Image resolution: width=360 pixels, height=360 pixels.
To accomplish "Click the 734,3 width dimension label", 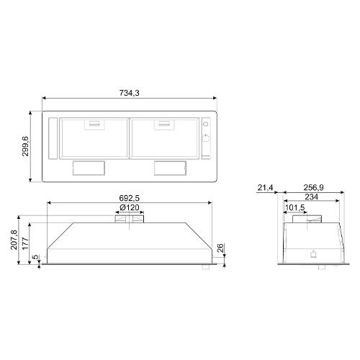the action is coord(130,93).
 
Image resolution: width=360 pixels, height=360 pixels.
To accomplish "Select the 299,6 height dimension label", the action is coord(25,146).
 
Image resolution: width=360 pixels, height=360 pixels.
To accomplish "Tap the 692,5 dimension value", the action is coord(130,198).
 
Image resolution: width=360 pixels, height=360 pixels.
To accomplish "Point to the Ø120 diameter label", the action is coord(130,207).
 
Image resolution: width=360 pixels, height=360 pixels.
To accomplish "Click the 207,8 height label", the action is coord(14,240).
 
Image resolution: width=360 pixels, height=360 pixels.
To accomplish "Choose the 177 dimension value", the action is coord(25,243).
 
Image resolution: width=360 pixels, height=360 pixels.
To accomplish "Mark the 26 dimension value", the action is coord(220,248).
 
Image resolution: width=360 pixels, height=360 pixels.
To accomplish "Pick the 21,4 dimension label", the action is coord(265,187).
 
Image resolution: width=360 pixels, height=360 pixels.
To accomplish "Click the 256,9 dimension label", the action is coord(313,187).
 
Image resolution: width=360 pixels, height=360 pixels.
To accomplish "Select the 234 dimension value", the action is coord(312,197).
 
